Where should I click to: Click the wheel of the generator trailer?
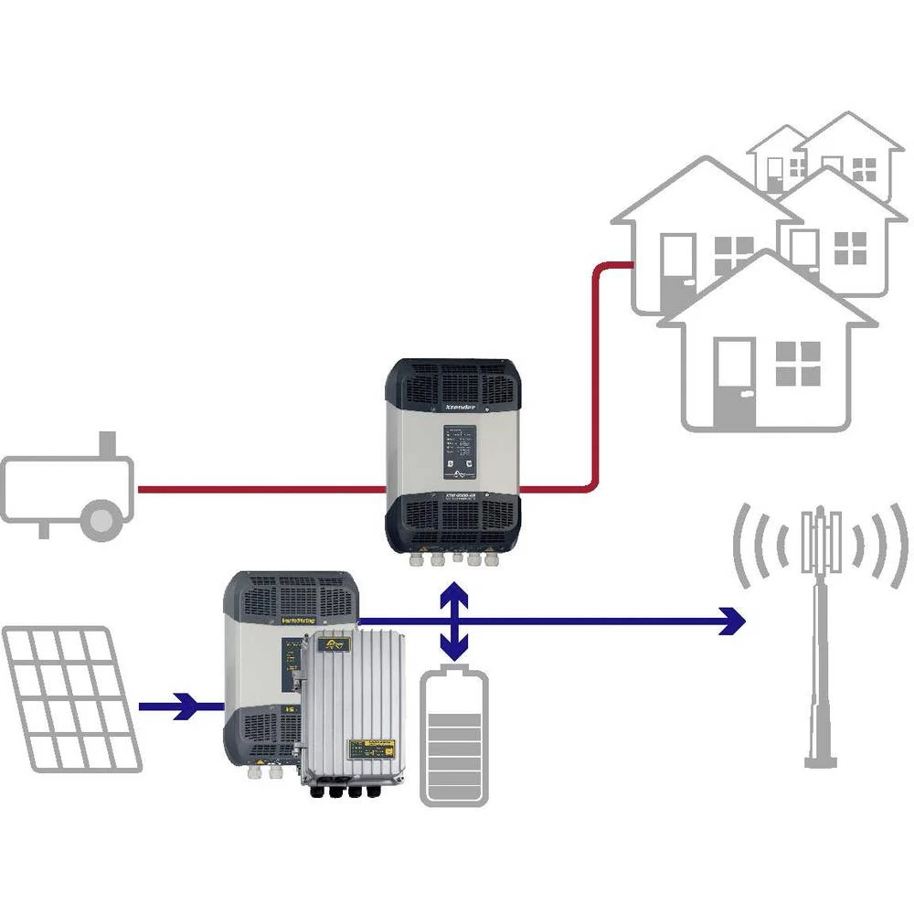[101, 519]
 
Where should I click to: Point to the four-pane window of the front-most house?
[798, 363]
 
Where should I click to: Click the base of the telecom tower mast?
[820, 759]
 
